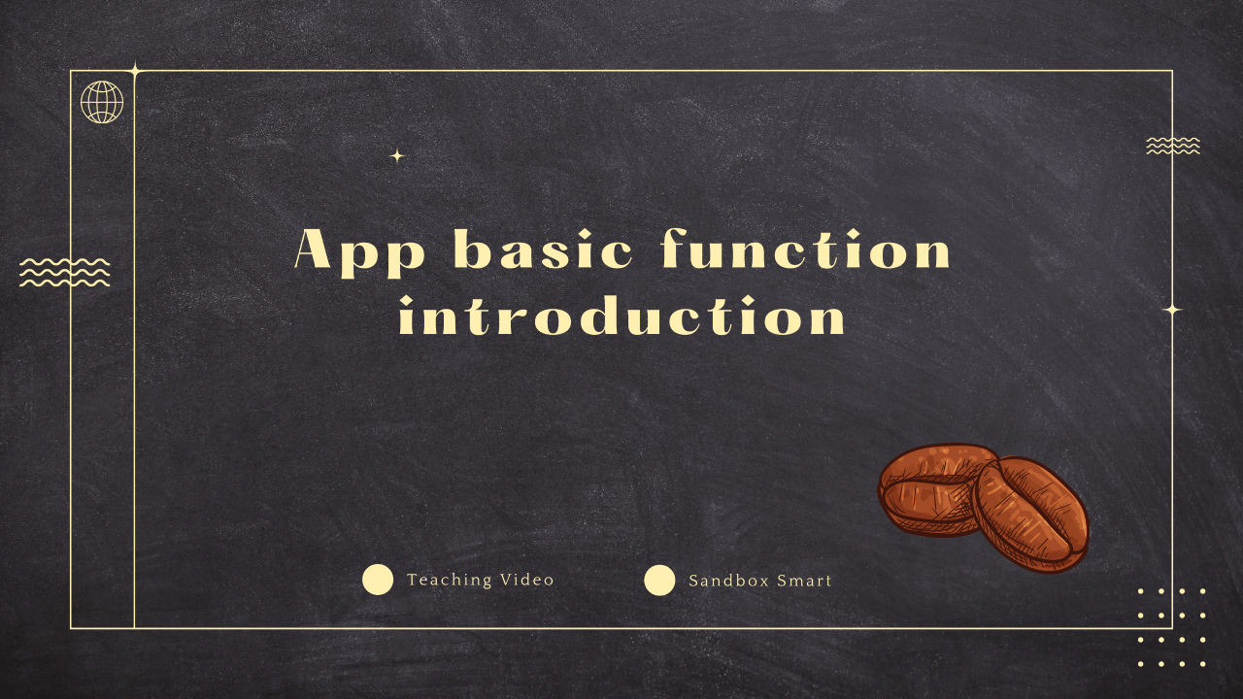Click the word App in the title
tap(359, 252)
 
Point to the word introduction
tap(622, 315)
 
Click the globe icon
tap(102, 102)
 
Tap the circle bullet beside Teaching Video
tap(378, 580)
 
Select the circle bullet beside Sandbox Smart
tap(659, 581)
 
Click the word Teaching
tap(450, 581)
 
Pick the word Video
tap(527, 580)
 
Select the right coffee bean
tap(1031, 515)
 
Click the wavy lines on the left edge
tap(64, 273)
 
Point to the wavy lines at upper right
tap(1173, 146)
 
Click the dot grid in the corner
tap(1171, 627)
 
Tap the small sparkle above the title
tap(397, 156)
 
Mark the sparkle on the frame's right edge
tap(1172, 310)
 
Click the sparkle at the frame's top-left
tap(134, 71)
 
